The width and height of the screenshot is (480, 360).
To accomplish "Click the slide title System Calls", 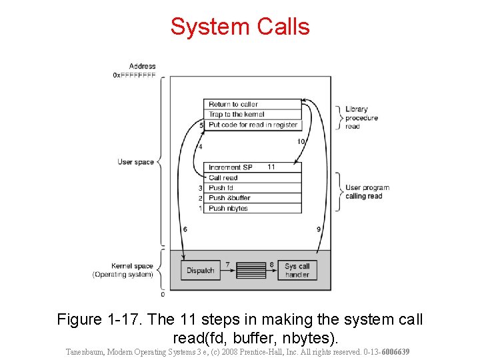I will [240, 27].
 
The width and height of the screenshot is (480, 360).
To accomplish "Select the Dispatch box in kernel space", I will [200, 270].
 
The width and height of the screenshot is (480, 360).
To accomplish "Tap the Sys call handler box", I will [297, 270].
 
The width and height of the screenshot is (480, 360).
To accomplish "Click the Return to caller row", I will [252, 104].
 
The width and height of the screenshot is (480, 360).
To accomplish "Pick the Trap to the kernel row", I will [252, 114].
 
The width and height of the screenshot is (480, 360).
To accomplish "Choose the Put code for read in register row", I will [252, 125].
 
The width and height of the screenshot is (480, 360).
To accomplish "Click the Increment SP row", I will [231, 167].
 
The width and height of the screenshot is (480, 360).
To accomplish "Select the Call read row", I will [252, 178].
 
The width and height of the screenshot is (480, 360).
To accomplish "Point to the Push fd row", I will [252, 188].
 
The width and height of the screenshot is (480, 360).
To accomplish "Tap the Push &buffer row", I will [252, 198].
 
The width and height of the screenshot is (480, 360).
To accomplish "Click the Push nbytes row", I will [252, 208].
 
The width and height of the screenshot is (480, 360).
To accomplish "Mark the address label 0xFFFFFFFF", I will [134, 75].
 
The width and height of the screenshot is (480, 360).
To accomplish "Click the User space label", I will [135, 162].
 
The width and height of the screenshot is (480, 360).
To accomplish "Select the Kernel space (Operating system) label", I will [123, 270].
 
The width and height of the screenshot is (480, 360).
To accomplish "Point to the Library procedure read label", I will [361, 117].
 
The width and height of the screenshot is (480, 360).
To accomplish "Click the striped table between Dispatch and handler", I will [251, 270].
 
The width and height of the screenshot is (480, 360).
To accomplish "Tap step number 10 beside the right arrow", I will [301, 141].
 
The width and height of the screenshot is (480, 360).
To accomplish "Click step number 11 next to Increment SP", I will [271, 167].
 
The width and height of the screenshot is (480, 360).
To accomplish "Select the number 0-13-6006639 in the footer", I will [383, 351].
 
